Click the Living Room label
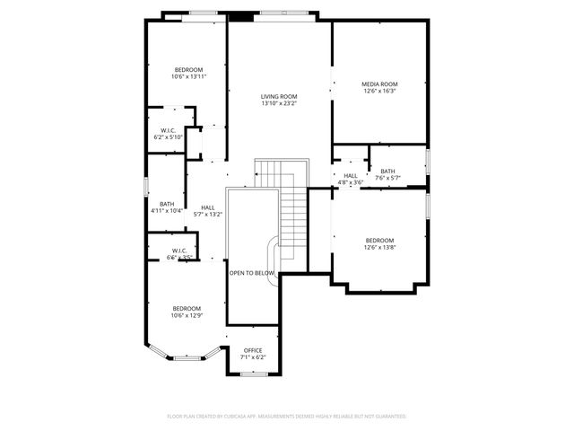(x=279, y=96)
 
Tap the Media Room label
(x=380, y=84)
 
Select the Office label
(x=252, y=350)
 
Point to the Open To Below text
(x=252, y=272)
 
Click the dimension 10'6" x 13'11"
(x=188, y=77)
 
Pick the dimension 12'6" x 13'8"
(x=379, y=248)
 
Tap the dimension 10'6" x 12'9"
(x=187, y=316)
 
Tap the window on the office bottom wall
(x=254, y=373)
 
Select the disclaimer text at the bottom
(x=287, y=417)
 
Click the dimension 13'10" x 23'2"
(x=279, y=104)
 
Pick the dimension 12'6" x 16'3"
(x=380, y=91)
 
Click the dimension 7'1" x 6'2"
(x=252, y=357)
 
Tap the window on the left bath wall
(x=147, y=186)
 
